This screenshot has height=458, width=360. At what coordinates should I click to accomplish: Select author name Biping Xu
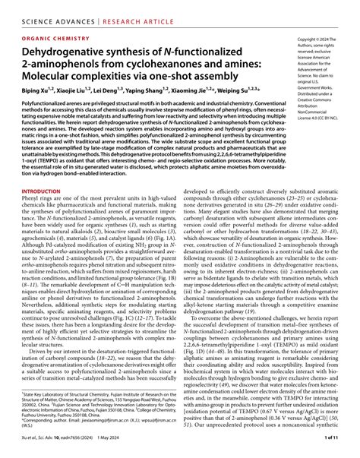tap(29, 91)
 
